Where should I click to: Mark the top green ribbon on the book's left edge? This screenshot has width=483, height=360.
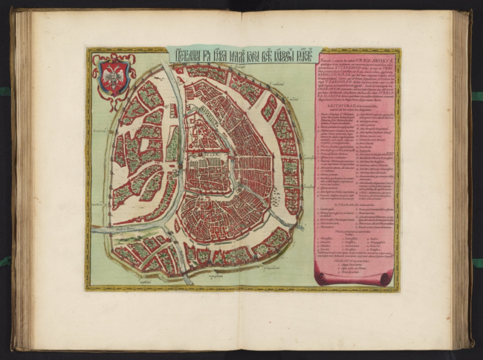(x=5, y=91)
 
